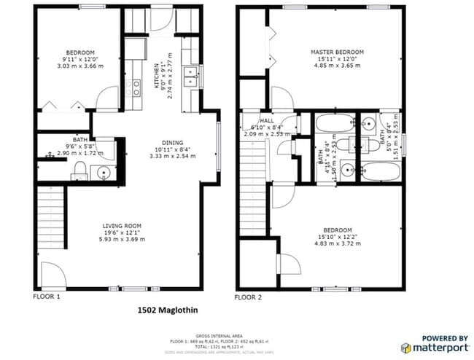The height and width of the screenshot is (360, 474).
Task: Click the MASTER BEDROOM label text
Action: tap(337, 52)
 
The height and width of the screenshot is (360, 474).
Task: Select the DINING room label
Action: tap(173, 143)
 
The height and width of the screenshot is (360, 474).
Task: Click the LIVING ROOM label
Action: tap(122, 226)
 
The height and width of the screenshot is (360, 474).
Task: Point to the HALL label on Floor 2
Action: tap(267, 120)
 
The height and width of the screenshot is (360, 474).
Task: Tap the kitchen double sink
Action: tap(190, 77)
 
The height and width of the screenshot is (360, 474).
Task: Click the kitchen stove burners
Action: tap(135, 88)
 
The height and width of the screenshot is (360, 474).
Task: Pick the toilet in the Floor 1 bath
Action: tap(79, 171)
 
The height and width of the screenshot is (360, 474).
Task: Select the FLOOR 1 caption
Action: tap(47, 297)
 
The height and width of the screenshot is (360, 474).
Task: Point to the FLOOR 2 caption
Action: tap(247, 297)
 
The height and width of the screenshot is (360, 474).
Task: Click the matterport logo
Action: tap(445, 343)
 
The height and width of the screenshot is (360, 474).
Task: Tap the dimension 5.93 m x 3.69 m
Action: tap(122, 240)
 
